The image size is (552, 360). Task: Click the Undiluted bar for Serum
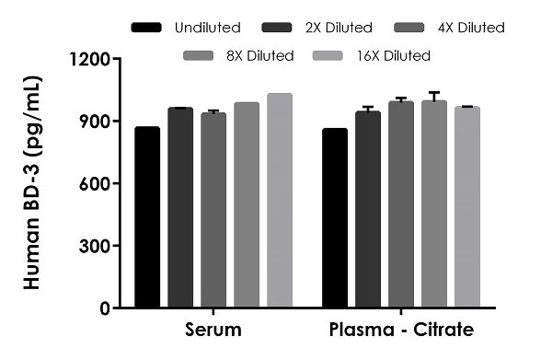[x=147, y=217]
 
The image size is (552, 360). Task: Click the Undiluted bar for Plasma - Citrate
[x=335, y=218]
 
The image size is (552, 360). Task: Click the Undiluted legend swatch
[x=146, y=28]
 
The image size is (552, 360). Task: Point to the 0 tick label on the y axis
[x=106, y=308]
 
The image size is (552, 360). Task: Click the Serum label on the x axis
[x=213, y=330]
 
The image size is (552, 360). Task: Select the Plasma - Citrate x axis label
[x=401, y=330]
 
